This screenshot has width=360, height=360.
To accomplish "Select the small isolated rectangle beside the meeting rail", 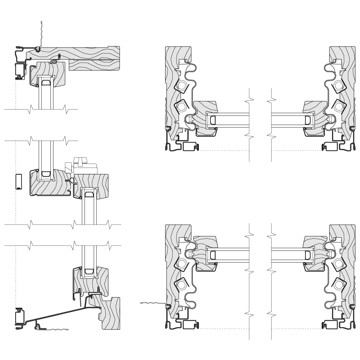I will [19, 181].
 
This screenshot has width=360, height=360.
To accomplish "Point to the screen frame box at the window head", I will [19, 70].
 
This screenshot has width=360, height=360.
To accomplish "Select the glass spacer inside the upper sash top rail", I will [46, 82].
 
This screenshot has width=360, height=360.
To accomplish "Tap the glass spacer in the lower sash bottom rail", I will [89, 271].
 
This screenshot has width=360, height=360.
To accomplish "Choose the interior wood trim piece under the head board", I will [93, 65].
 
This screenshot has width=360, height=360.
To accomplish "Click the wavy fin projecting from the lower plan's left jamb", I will [150, 303].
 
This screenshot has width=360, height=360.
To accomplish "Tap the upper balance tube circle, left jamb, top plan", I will [182, 85].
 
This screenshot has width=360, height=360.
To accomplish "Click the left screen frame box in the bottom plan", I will [188, 325].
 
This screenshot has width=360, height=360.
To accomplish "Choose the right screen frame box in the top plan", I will [330, 147].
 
